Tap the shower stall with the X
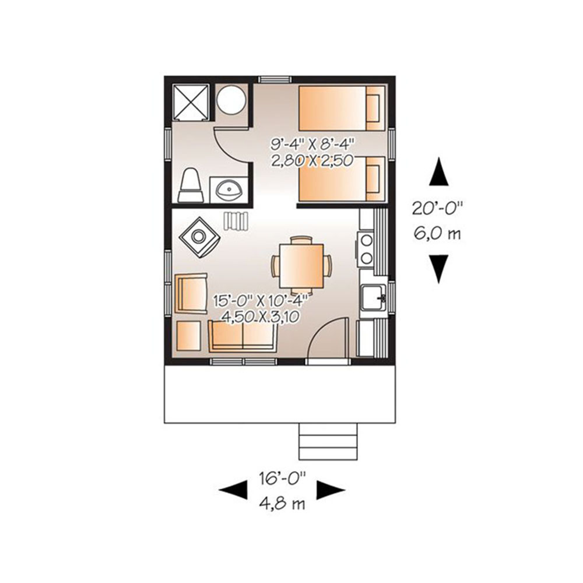click(191, 102)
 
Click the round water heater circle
click(231, 100)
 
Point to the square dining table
click(301, 265)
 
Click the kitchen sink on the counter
click(374, 298)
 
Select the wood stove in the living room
click(199, 237)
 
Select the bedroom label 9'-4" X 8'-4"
click(311, 142)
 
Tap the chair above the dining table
click(301, 240)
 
